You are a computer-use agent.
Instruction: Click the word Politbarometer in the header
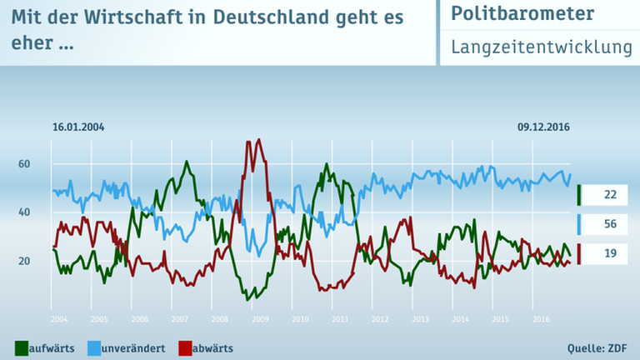coord(522,14)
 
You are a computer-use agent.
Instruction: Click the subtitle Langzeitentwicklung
coord(542,47)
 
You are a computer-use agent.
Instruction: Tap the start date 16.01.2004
coord(78,127)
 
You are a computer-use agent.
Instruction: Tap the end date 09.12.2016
coord(543,127)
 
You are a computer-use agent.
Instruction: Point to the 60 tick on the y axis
coord(24,164)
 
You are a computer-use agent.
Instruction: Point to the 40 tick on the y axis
coord(24,212)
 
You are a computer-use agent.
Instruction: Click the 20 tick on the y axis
coord(24,262)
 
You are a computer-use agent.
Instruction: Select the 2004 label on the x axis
coord(58,319)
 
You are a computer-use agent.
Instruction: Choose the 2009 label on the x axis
coord(260,319)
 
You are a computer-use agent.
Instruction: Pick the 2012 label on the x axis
coord(380,319)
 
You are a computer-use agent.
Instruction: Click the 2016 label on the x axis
coord(541,319)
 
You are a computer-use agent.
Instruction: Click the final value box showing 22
coord(609,194)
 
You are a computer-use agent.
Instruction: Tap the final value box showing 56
coord(609,224)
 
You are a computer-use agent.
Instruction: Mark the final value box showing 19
coord(609,253)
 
